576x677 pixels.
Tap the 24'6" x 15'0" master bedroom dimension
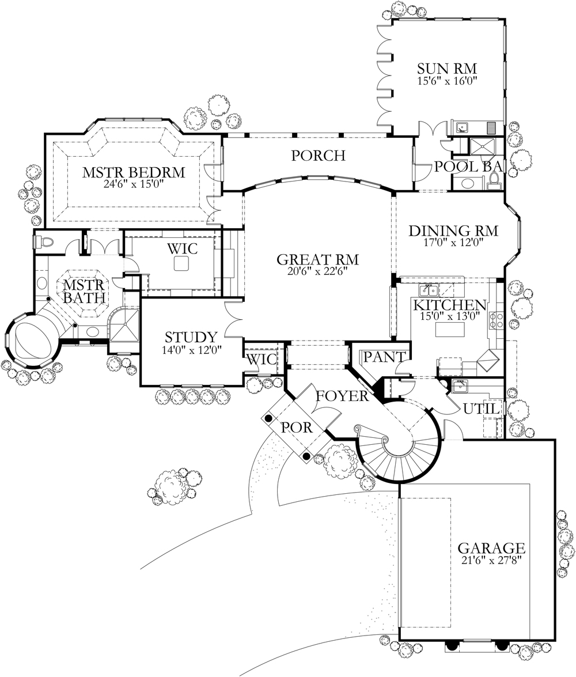click(133, 184)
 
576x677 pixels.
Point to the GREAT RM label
click(318, 258)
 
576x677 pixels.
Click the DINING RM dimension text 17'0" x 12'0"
click(453, 243)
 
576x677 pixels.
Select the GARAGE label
click(491, 547)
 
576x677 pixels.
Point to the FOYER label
click(342, 396)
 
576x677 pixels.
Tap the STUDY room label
click(191, 337)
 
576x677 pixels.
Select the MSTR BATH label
click(84, 292)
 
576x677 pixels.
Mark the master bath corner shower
click(123, 326)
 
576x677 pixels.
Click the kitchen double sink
click(429, 289)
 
